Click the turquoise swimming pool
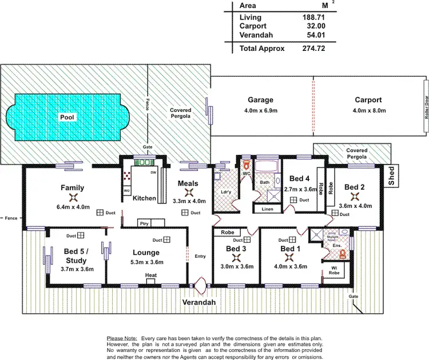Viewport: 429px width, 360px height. (67, 117)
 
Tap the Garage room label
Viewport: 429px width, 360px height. (260, 99)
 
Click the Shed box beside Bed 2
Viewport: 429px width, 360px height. (392, 177)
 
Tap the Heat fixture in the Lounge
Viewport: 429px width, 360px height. (151, 276)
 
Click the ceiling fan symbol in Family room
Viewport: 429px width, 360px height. (73, 197)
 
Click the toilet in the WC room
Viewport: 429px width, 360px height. (247, 162)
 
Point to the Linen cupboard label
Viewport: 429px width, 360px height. (267, 209)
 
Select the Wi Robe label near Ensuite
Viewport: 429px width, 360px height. (333, 270)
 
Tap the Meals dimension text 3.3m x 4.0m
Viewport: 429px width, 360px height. (188, 201)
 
